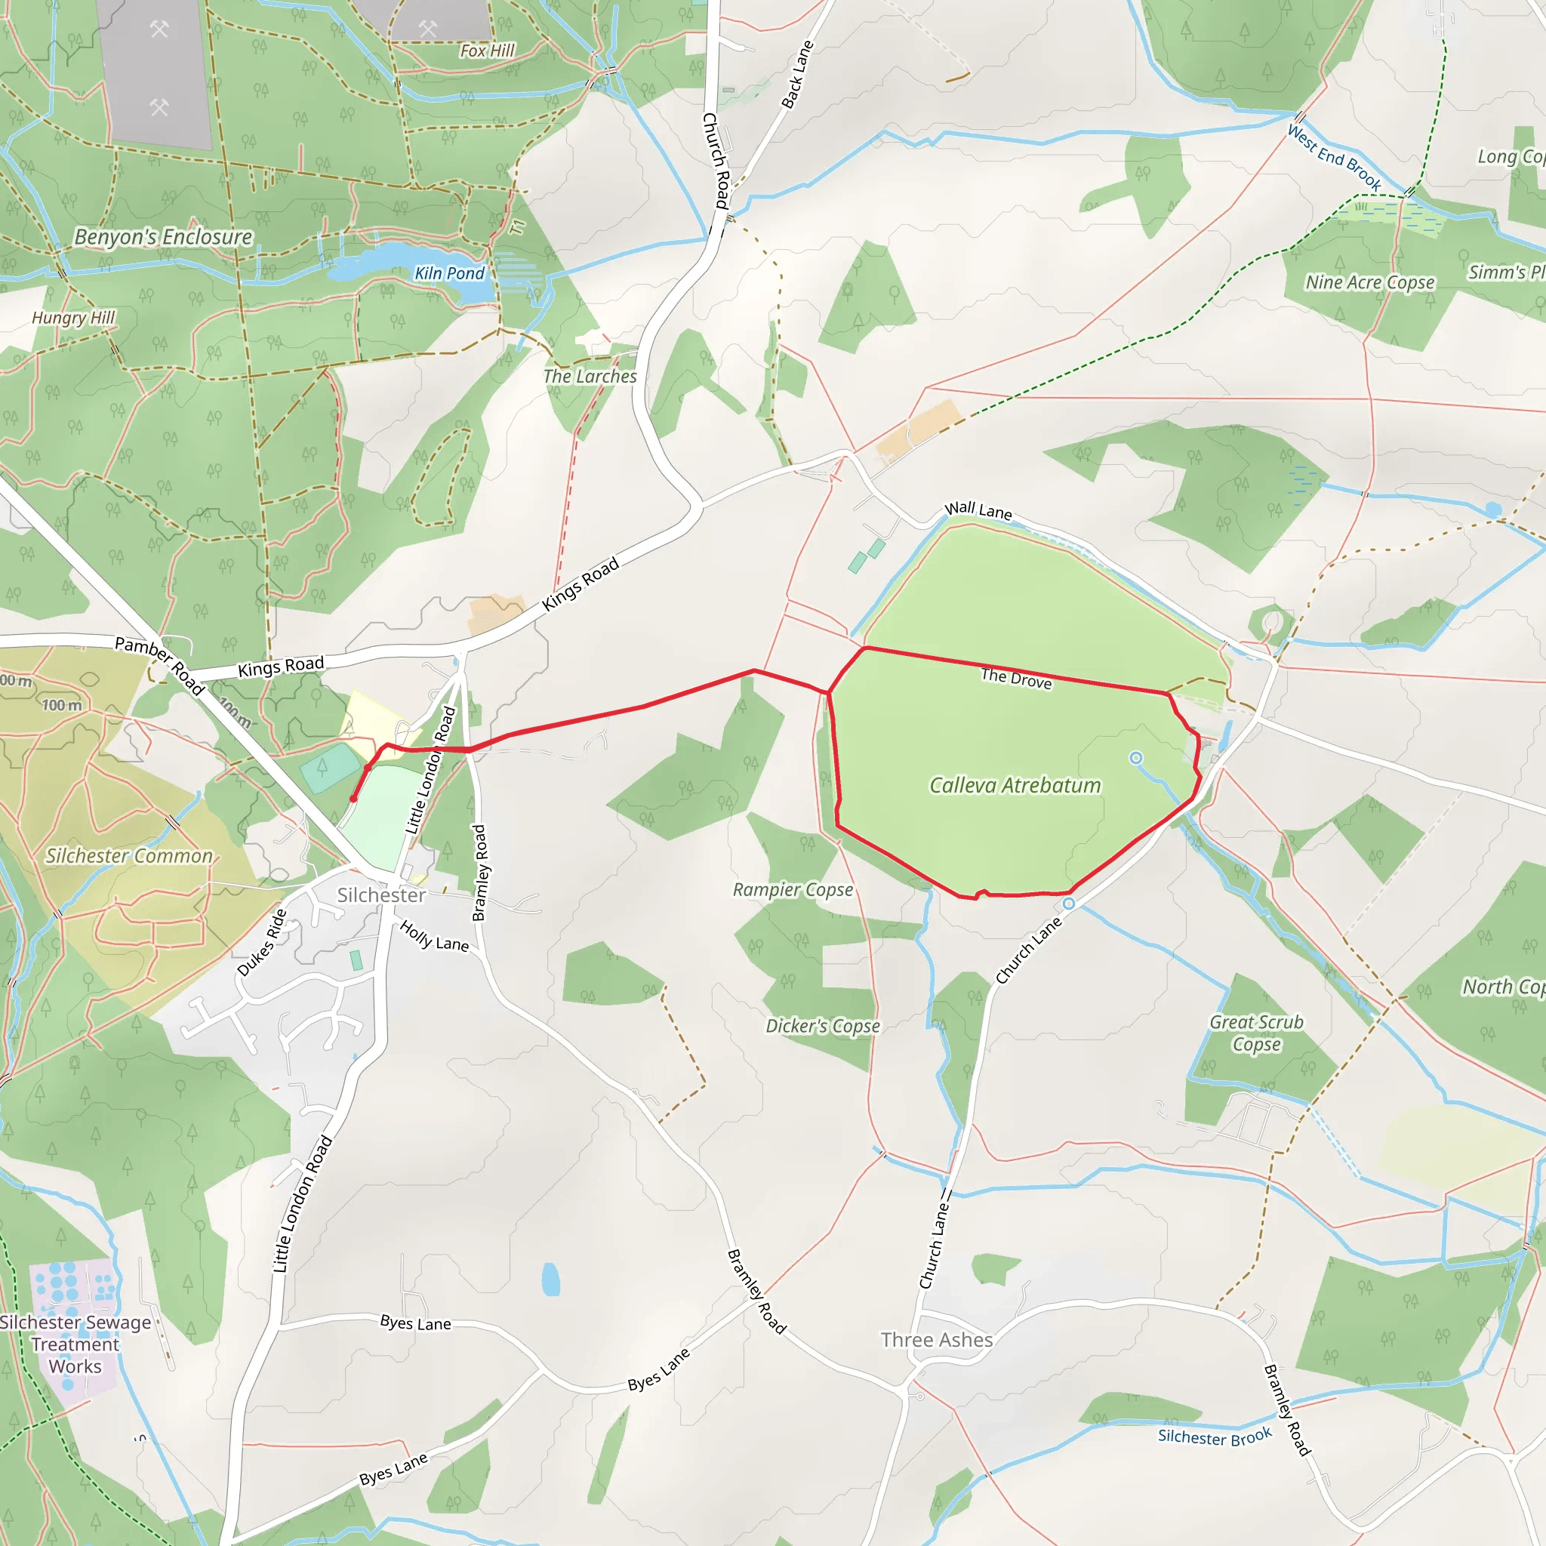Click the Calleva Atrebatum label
(1015, 785)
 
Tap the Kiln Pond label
(449, 274)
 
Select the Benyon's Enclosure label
(163, 237)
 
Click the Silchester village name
(381, 895)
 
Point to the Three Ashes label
(936, 1340)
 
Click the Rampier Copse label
(793, 890)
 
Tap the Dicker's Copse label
(823, 1026)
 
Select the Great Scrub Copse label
(1256, 1033)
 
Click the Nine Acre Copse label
(1370, 282)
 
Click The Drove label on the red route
(1016, 679)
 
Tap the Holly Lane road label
(434, 936)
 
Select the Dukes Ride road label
(262, 943)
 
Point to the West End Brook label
(1334, 158)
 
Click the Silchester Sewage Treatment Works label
(75, 1344)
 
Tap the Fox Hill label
(488, 51)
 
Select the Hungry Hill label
(74, 318)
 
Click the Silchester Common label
(129, 855)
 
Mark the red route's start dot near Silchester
(353, 799)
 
